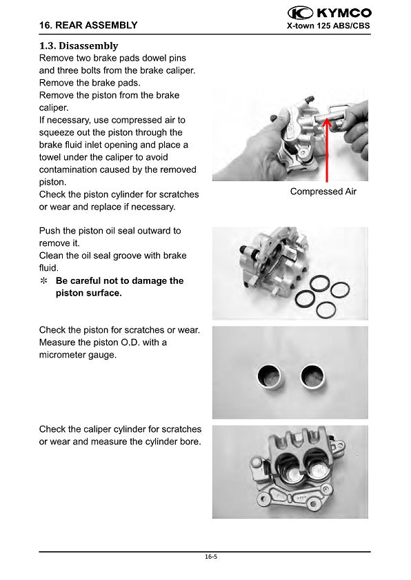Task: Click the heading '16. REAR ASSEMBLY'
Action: (x=88, y=25)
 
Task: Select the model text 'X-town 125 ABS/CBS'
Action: (x=328, y=25)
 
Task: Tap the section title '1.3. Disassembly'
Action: (x=79, y=46)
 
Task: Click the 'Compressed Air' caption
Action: (x=323, y=191)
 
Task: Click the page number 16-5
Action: (x=211, y=557)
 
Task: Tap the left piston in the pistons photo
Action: (x=269, y=376)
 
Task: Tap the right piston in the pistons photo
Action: (x=312, y=376)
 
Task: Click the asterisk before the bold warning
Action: (x=43, y=281)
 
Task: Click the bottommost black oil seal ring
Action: (x=326, y=310)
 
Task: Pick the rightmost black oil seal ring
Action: (x=339, y=290)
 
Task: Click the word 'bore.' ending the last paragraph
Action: (x=190, y=442)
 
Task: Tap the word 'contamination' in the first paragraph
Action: (x=67, y=169)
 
